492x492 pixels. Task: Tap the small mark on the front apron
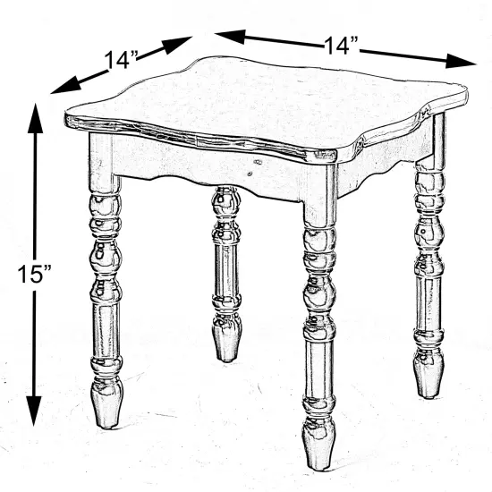(258, 162)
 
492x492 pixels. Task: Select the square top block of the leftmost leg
(101, 157)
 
